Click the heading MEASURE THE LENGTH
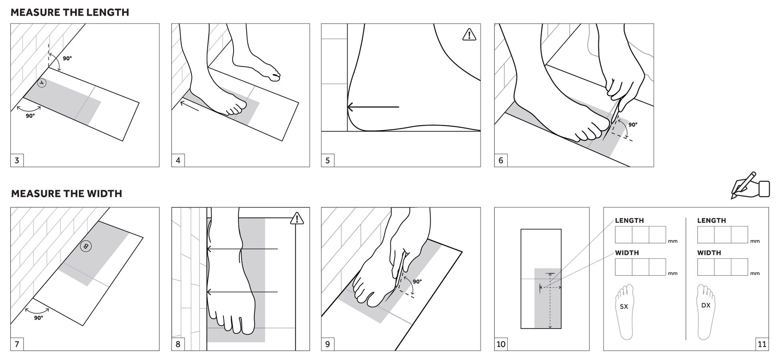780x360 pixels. point(70,12)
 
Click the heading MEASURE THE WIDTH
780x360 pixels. point(66,194)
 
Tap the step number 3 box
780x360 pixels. point(17,160)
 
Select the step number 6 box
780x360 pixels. point(501,160)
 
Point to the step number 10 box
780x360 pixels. point(501,344)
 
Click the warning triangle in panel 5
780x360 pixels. point(469,35)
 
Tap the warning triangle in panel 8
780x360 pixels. point(297,219)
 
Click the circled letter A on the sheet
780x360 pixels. point(42,83)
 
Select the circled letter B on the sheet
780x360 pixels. point(86,246)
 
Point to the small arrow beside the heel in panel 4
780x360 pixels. point(190,106)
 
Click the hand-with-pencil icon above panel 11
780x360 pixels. point(750,186)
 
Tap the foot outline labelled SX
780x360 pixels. point(625,311)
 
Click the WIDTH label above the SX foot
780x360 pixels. point(627,253)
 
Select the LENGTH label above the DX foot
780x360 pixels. point(711,220)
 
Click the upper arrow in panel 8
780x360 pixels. point(242,249)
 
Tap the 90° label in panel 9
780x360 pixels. point(417,282)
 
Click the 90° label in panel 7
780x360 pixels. point(38,318)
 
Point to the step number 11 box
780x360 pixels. point(762,344)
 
